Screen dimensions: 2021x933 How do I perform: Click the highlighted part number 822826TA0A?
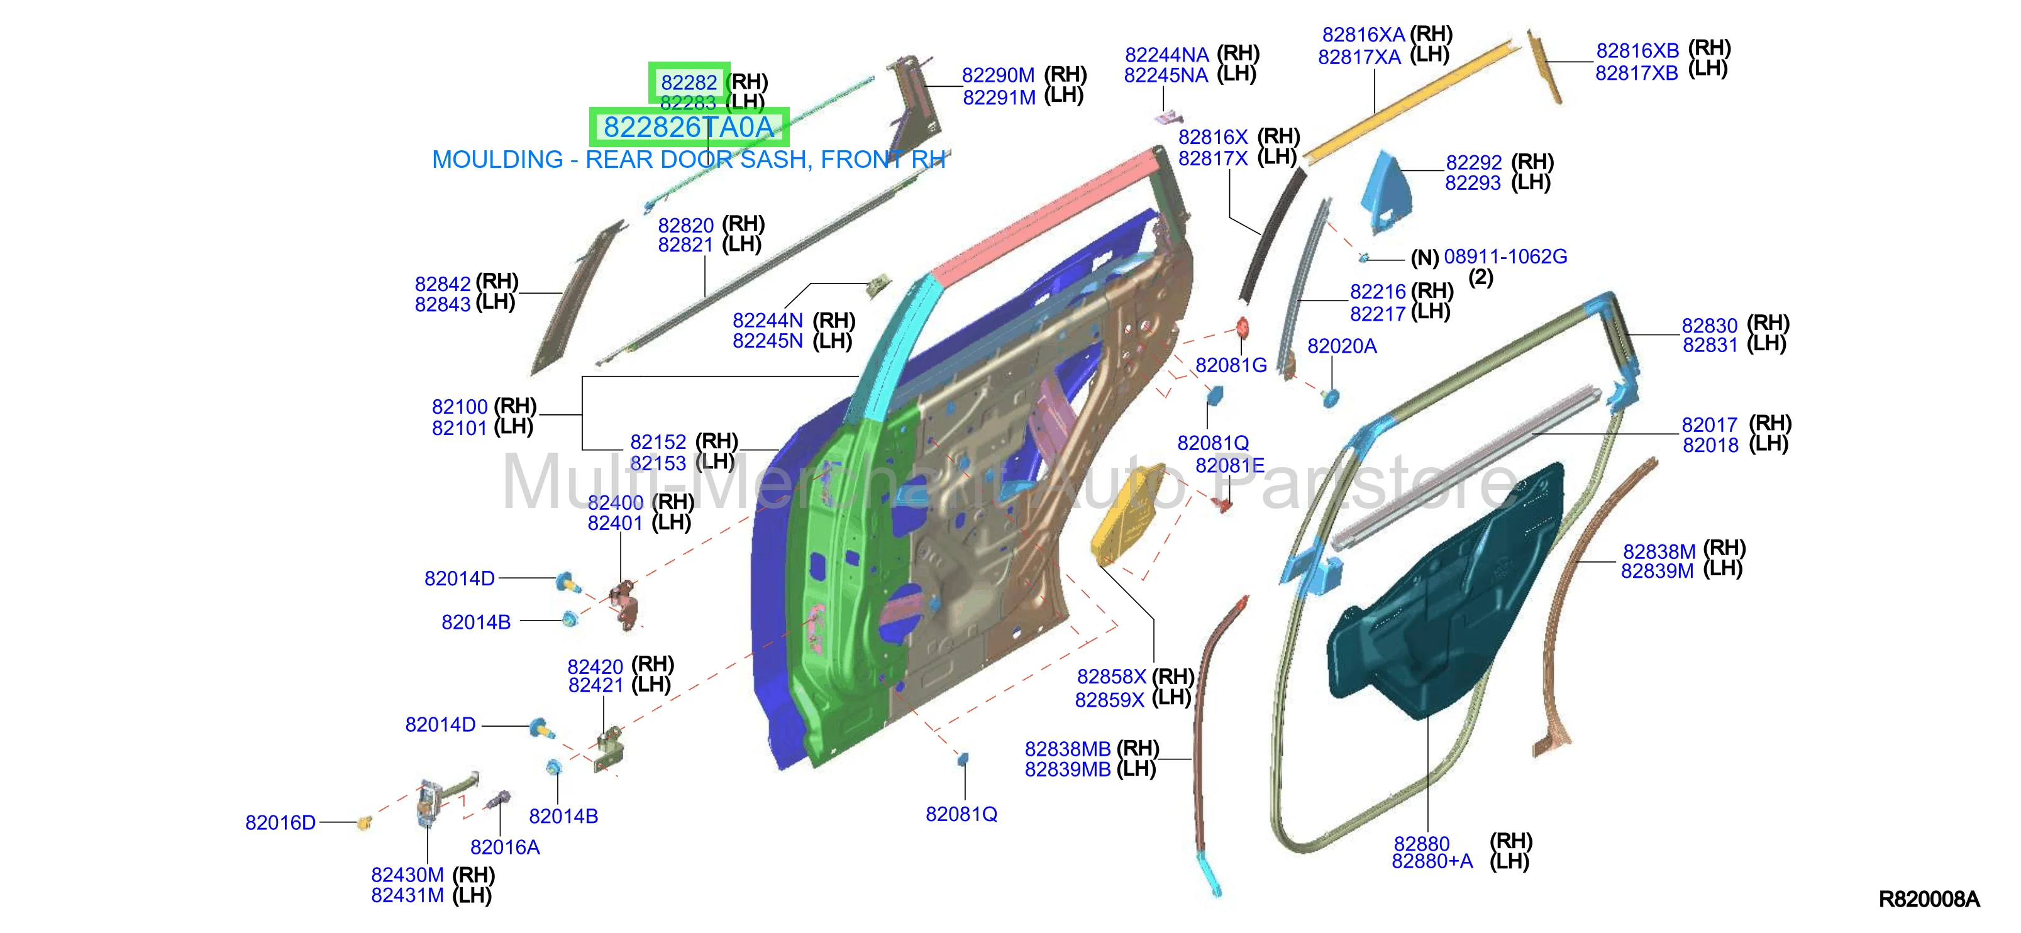pyautogui.click(x=688, y=127)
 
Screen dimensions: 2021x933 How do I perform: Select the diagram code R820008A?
pyautogui.click(x=1929, y=899)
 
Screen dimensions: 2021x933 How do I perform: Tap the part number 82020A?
pyautogui.click(x=1342, y=346)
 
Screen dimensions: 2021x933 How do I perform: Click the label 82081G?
pyautogui.click(x=1231, y=365)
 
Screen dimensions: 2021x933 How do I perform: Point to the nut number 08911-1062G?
pyautogui.click(x=1505, y=257)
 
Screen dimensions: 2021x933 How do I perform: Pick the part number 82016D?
pyautogui.click(x=280, y=822)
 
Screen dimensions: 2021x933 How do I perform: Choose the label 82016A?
pyautogui.click(x=504, y=847)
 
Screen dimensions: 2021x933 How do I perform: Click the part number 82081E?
pyautogui.click(x=1229, y=466)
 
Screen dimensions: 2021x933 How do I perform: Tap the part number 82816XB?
pyautogui.click(x=1637, y=51)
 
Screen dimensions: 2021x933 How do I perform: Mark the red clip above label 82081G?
pyautogui.click(x=1242, y=328)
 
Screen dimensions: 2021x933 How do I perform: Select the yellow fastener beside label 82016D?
pyautogui.click(x=364, y=822)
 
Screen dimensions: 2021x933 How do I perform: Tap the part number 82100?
pyautogui.click(x=460, y=407)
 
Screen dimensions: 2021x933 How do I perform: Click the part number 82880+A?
pyautogui.click(x=1432, y=861)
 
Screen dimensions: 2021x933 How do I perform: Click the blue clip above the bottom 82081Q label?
pyautogui.click(x=963, y=759)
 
